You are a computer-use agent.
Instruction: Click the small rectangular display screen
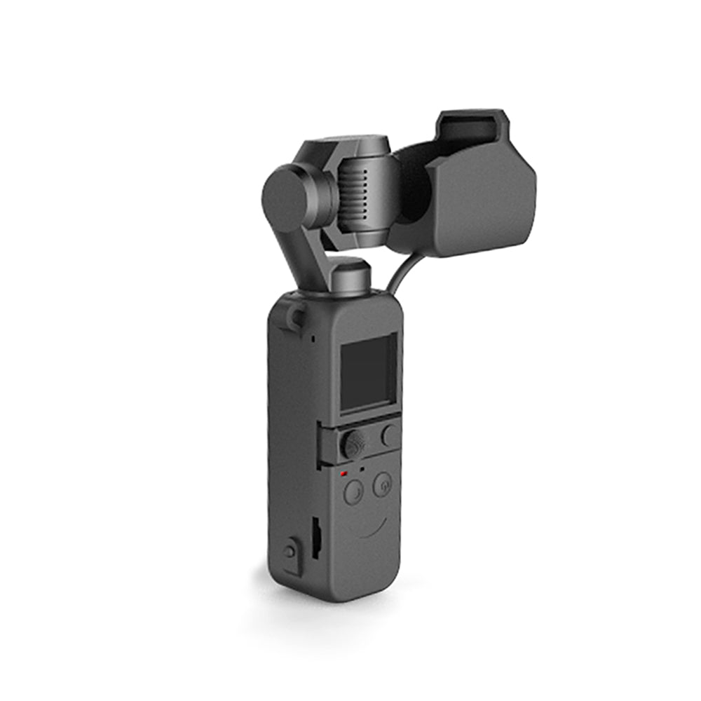368,374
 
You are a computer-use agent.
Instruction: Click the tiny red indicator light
343,474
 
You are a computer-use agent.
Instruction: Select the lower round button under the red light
353,493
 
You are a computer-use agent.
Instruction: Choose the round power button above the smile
382,484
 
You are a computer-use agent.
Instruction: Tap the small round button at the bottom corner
290,552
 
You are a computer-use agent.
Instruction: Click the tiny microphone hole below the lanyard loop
313,339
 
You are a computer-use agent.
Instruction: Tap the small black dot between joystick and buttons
362,468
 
